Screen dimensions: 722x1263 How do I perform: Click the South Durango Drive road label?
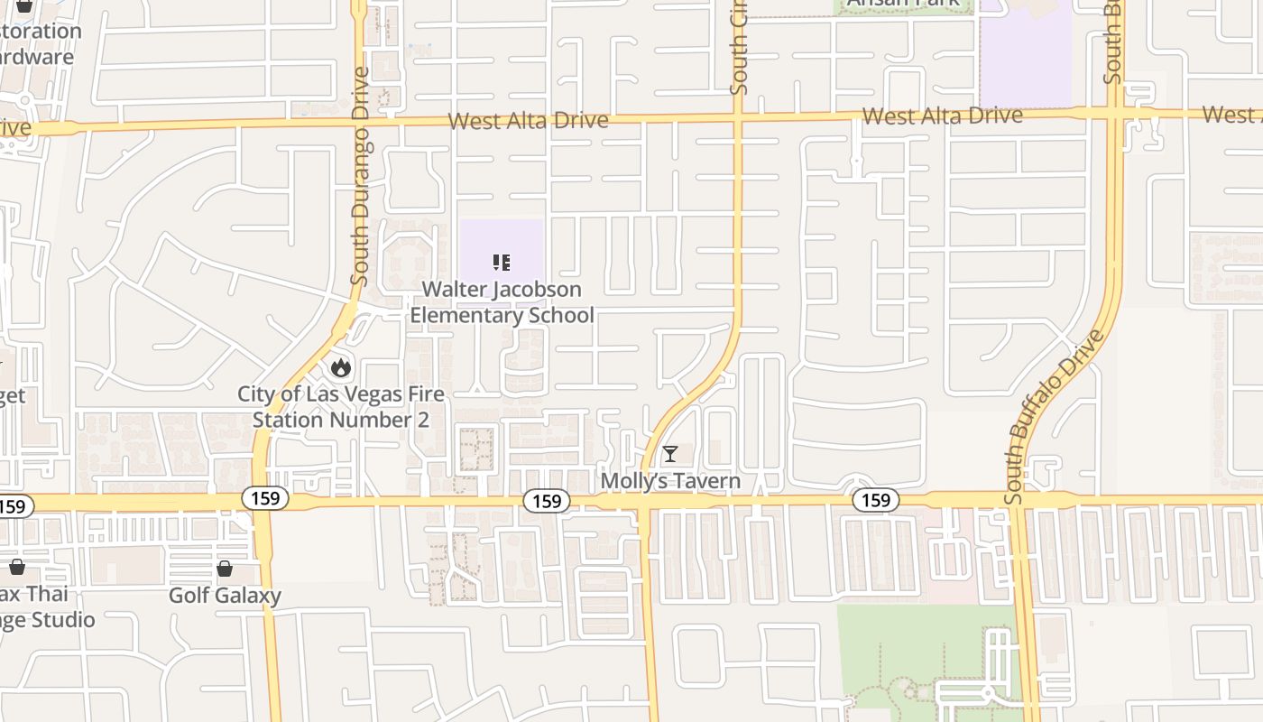tap(361, 176)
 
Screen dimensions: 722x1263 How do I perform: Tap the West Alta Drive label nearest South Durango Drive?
tap(528, 121)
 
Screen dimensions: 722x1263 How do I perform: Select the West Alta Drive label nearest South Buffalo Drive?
tap(942, 116)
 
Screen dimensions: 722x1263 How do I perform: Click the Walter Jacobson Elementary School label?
tap(502, 302)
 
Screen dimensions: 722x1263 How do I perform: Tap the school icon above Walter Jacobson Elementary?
tap(502, 263)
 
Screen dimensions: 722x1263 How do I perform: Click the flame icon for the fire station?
tap(340, 367)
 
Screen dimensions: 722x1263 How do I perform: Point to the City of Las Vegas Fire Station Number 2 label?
tap(341, 407)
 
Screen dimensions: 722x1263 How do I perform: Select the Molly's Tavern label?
tap(670, 481)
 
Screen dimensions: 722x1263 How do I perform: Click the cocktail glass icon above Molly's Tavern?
tap(670, 453)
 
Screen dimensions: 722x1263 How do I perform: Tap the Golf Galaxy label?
tap(225, 596)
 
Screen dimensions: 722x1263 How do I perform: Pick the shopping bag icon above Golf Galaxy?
tap(225, 569)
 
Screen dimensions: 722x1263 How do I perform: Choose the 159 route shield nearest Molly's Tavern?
tap(547, 501)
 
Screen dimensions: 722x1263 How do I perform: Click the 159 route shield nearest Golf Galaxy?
tap(265, 498)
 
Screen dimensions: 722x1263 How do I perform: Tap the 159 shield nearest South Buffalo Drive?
tap(875, 500)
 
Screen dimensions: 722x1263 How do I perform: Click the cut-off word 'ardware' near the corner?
tap(37, 57)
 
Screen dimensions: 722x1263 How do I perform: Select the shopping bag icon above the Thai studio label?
tap(16, 567)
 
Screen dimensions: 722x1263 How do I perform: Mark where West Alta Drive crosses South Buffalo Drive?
tap(1114, 114)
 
